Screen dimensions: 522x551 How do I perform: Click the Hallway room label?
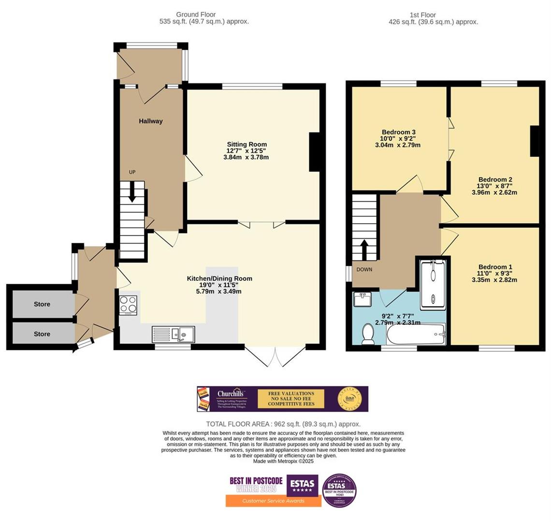pos(151,121)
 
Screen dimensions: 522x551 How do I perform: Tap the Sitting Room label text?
pos(246,145)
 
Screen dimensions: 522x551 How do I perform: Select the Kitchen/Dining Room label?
pos(219,278)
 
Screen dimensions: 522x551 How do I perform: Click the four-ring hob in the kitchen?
pos(129,305)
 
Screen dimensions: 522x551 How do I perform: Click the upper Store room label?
pos(42,304)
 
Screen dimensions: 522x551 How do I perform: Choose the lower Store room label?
pos(42,334)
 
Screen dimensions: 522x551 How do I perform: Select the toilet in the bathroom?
pos(368,334)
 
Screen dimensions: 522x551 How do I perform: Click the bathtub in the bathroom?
pos(415,334)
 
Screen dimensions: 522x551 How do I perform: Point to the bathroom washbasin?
pos(362,300)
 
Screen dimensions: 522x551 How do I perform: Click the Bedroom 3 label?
pos(399,132)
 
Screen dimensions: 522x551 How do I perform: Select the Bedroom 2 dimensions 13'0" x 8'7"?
pos(494,186)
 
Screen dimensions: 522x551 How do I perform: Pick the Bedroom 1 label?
pos(495,267)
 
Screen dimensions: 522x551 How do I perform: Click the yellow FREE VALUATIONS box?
pos(291,399)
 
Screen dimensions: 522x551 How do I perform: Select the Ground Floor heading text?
pos(196,14)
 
